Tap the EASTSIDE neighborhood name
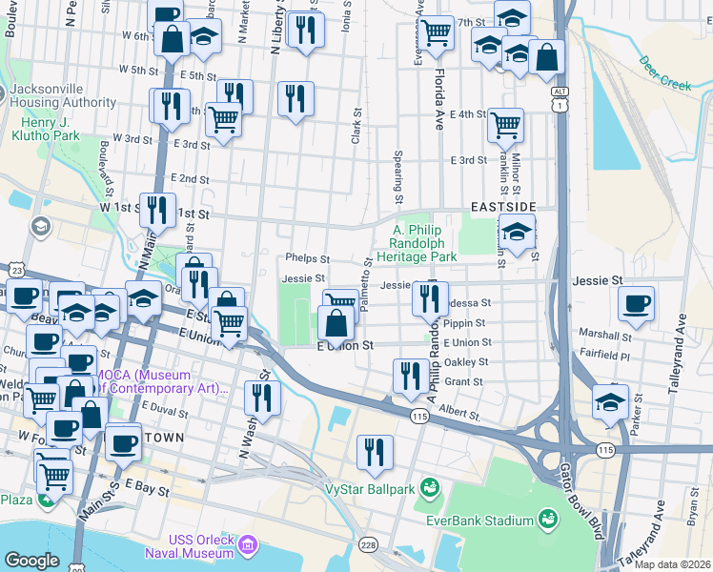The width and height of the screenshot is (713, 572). coord(503,206)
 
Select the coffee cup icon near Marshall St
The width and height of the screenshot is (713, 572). coord(636,305)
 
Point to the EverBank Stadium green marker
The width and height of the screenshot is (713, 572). coord(548,520)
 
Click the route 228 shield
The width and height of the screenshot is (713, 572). coord(368,543)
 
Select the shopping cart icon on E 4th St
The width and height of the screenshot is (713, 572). coord(505,124)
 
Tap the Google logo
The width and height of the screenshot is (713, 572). coord(31,561)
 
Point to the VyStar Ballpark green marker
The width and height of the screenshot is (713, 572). coord(429,489)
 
